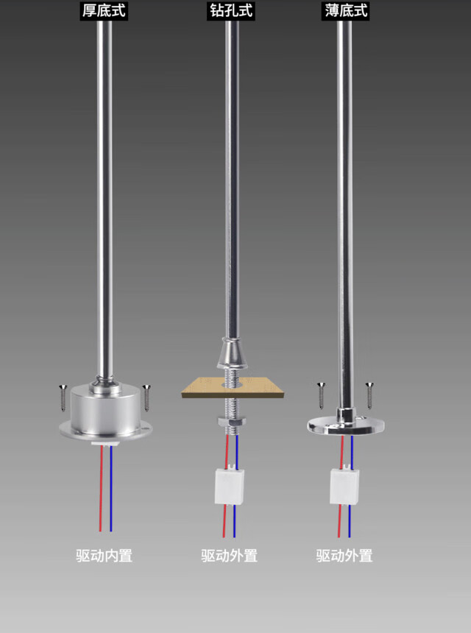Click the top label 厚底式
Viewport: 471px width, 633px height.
[104, 11]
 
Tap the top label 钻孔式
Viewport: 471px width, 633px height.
[231, 11]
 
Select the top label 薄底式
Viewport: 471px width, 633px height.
[346, 11]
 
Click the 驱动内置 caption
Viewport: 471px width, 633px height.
[104, 556]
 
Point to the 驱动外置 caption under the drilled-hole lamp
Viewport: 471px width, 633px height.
[229, 556]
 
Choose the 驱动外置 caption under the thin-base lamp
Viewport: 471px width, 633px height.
[344, 556]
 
